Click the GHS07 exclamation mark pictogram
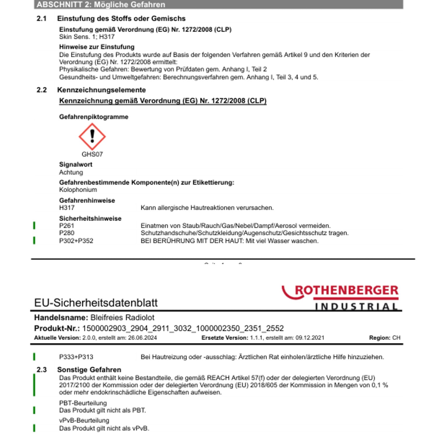[x=92, y=137]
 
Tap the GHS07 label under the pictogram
[x=92, y=154]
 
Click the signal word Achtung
[x=71, y=172]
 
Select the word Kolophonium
[x=78, y=190]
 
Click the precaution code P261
[x=66, y=226]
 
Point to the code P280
[x=66, y=233]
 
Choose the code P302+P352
[x=76, y=241]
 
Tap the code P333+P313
[x=76, y=357]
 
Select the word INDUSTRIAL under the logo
[x=356, y=306]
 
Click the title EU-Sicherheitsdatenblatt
[x=96, y=303]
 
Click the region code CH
[x=396, y=338]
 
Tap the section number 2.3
[x=41, y=370]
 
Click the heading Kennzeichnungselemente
[x=101, y=90]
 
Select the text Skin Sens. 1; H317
[x=87, y=37]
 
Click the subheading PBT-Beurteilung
[x=83, y=403]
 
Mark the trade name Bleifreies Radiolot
[x=122, y=318]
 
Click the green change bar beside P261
[x=34, y=225]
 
